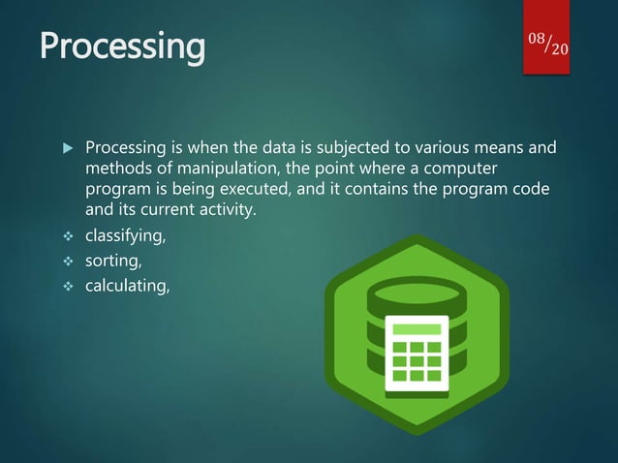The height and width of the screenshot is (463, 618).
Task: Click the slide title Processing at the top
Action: (122, 45)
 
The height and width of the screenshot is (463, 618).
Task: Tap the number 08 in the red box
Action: (538, 38)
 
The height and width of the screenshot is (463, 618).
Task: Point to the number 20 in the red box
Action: (560, 49)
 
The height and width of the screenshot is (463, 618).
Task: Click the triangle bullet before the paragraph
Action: (67, 149)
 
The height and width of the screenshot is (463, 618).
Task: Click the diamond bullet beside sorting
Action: (67, 260)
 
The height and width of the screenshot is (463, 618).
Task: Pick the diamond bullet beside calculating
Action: (67, 284)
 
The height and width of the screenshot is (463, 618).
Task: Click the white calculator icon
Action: (417, 355)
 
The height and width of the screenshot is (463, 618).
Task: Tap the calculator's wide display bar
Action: (417, 329)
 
